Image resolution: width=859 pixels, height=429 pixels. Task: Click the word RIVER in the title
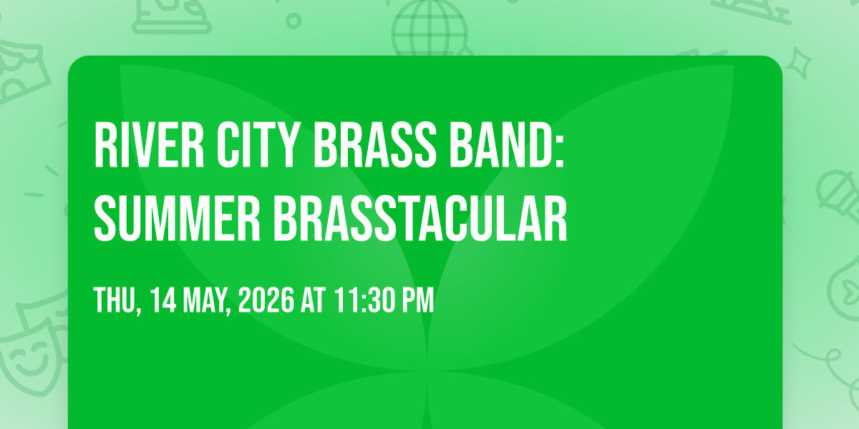click(x=149, y=144)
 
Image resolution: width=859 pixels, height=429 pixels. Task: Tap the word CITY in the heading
click(x=258, y=144)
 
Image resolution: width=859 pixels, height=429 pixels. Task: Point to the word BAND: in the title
click(x=507, y=144)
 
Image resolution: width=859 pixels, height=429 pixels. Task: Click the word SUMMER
click(x=178, y=218)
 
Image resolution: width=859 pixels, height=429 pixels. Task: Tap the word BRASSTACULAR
click(x=420, y=218)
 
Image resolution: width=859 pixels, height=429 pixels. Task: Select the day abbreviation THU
click(x=115, y=300)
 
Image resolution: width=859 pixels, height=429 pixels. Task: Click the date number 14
click(x=163, y=300)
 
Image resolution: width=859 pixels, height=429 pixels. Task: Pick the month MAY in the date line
click(x=205, y=300)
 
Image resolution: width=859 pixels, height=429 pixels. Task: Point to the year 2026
click(x=266, y=300)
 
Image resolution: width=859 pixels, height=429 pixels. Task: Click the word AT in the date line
click(x=313, y=300)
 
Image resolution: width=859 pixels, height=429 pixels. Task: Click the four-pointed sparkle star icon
click(x=798, y=63)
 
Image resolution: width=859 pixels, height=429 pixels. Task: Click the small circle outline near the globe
click(x=293, y=21)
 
